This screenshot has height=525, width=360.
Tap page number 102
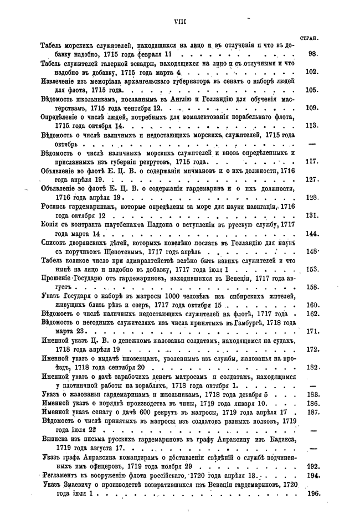[311, 72]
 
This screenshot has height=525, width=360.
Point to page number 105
[311, 90]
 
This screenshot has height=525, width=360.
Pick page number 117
[311, 162]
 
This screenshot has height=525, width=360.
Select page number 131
[311, 215]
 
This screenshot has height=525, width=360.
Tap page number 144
[311, 234]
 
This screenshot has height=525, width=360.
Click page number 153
[311, 269]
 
